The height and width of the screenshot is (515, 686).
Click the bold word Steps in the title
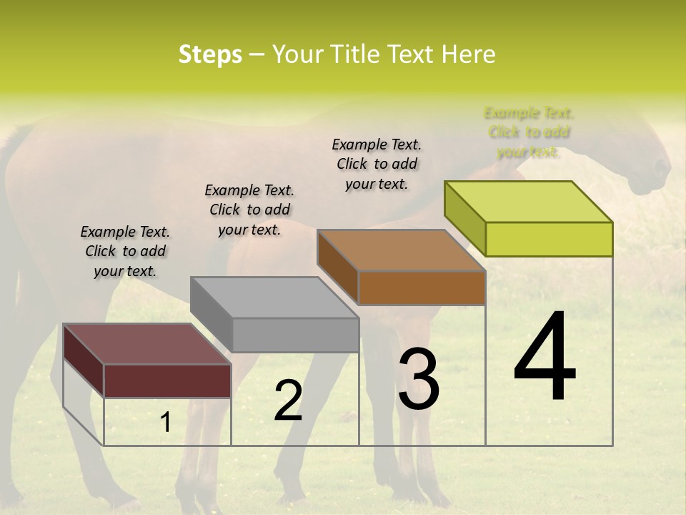pos(210,54)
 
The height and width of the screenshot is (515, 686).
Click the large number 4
pos(545,357)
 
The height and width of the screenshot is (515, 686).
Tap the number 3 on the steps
pos(418,379)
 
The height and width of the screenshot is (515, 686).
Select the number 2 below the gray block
pos(288,401)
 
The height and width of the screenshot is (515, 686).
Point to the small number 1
pos(165,423)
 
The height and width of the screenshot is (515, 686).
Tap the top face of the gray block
pos(274,297)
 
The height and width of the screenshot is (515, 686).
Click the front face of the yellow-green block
pos(549,239)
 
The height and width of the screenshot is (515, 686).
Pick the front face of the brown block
pos(422,288)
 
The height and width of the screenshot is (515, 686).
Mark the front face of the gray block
pos(295,335)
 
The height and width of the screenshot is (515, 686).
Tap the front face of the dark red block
pos(167,381)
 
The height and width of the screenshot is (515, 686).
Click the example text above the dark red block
pos(125,251)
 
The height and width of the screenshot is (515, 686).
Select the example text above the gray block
pos(249,210)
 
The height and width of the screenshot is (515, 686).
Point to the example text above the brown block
pos(377,164)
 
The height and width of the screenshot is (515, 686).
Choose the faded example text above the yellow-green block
pos(529,132)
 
